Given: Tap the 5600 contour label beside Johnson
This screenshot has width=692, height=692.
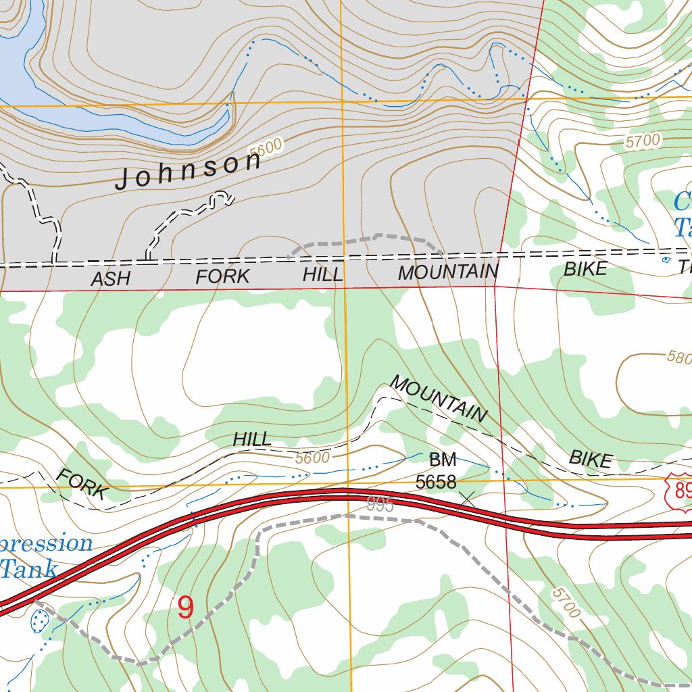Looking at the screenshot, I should pos(265,149).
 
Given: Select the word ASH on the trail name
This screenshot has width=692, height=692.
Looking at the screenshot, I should pos(110,278).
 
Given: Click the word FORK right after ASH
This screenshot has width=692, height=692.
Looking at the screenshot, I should pos(223,276).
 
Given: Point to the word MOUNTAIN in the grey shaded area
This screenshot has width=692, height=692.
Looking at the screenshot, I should pos(448,272).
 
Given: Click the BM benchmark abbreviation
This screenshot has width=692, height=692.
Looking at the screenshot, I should pos(443,461).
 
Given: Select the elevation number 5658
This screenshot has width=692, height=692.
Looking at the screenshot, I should pos(436,483).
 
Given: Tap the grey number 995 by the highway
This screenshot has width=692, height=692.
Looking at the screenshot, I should pos(380,505).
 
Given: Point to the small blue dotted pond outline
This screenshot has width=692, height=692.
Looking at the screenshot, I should pos(41,619).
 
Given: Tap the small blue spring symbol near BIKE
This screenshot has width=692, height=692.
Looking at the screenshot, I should pos(666,259).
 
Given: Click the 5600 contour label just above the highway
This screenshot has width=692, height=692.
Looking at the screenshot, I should pos(312,458).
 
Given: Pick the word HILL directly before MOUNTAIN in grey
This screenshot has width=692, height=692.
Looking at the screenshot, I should pos(323,274).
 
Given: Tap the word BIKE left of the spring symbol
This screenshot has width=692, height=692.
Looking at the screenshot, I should pos(586,269).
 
